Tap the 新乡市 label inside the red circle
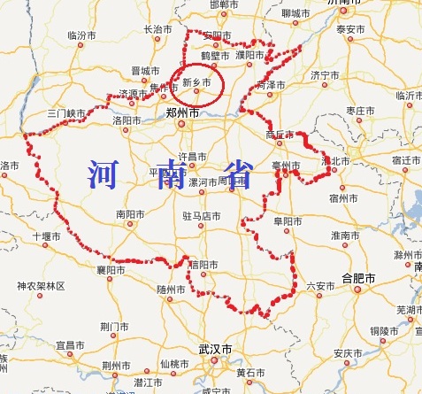point(196,82)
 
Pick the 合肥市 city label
point(358,278)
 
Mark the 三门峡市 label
point(66,114)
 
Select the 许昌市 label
point(194,156)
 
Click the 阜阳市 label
point(287,220)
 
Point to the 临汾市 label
point(81,35)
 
